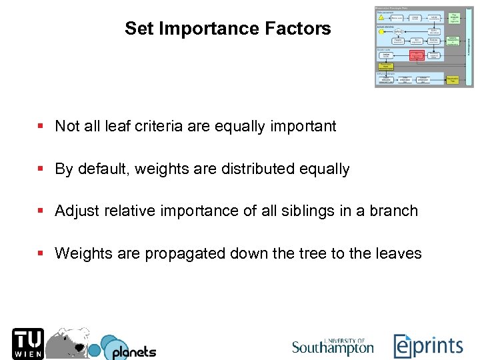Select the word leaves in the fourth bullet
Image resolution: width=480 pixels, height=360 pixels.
[399, 254]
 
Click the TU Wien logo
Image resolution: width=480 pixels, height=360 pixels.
[27, 343]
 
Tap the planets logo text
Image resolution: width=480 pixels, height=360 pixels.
[133, 351]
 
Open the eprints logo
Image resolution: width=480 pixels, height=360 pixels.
[428, 346]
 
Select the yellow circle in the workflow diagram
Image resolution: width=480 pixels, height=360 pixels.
[381, 31]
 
